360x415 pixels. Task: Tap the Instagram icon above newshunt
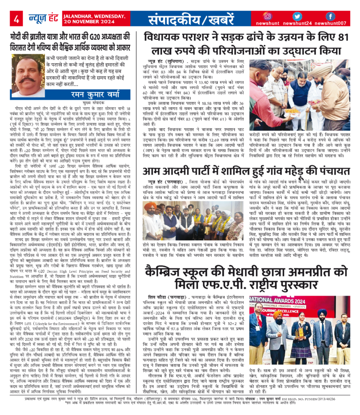click(x=268, y=15)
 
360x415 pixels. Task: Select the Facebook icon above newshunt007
click(x=330, y=15)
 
